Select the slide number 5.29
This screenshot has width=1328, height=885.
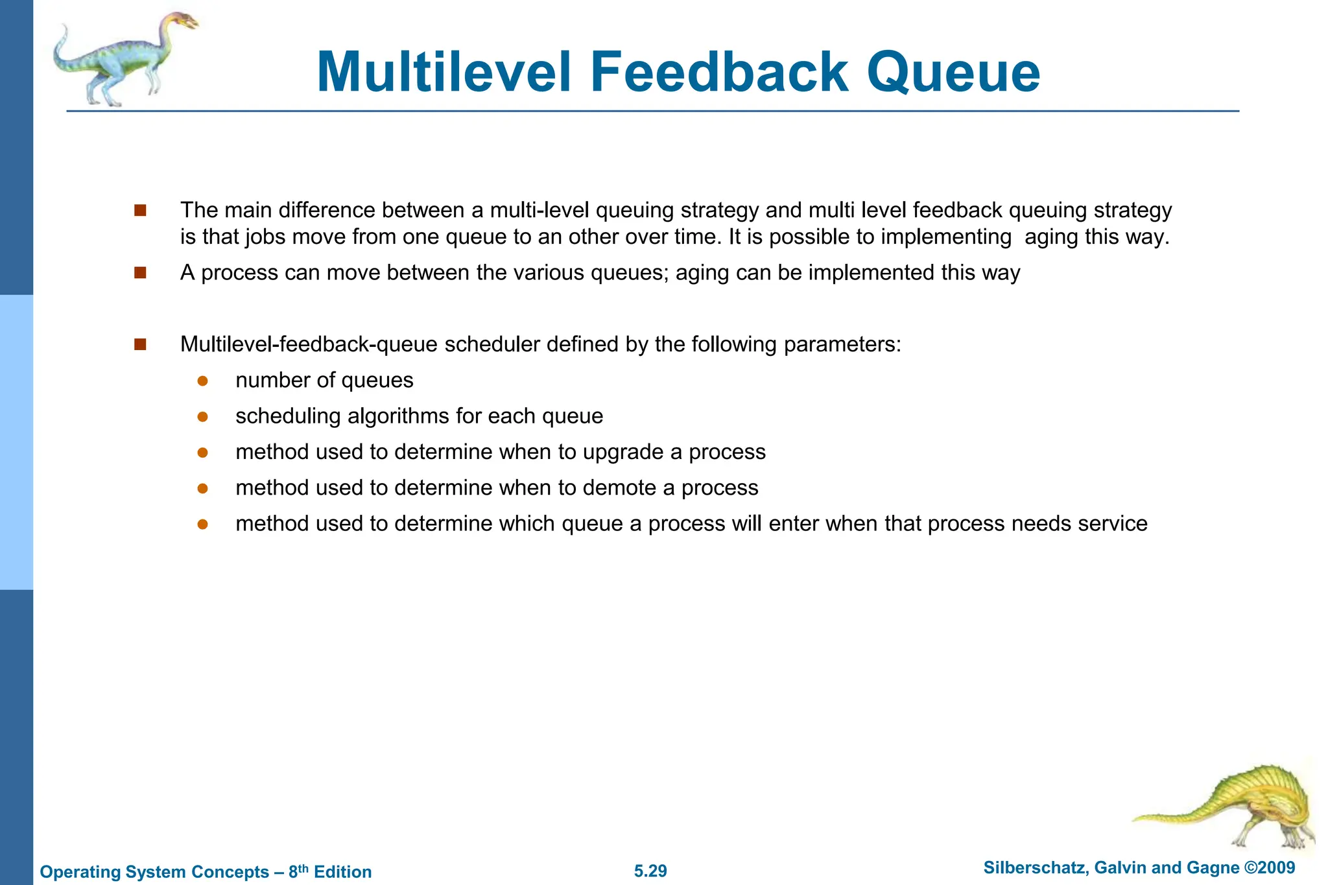pos(650,871)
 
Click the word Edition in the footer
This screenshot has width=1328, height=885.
pos(342,871)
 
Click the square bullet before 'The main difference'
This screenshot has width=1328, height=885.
pos(140,210)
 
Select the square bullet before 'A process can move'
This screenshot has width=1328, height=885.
pos(140,272)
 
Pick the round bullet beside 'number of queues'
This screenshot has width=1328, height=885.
pos(202,381)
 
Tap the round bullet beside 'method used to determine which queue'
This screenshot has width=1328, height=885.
pos(202,524)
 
